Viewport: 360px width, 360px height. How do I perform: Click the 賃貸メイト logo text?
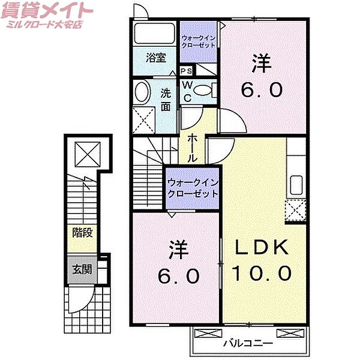tap(49, 10)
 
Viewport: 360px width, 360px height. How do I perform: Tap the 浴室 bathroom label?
tap(156, 58)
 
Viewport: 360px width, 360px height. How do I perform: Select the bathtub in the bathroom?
tap(154, 34)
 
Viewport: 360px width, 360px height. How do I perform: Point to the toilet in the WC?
tap(204, 91)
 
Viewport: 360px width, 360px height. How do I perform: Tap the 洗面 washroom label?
tap(166, 100)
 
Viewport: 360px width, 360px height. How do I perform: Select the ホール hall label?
tap(193, 148)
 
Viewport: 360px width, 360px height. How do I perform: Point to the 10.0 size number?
tap(262, 273)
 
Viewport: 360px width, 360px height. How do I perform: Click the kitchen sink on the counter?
tap(295, 183)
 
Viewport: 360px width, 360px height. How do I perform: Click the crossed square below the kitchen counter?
tap(295, 210)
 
